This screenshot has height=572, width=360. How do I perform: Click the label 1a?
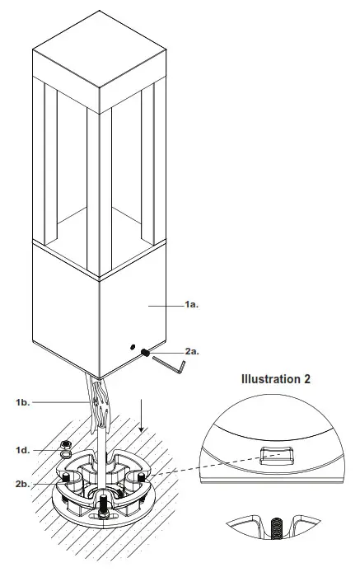click(x=192, y=305)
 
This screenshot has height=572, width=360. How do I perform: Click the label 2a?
click(x=191, y=351)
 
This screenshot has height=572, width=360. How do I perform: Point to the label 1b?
click(x=22, y=401)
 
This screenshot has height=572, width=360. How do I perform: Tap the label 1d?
click(x=22, y=449)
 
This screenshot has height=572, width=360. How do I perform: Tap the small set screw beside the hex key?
click(x=144, y=353)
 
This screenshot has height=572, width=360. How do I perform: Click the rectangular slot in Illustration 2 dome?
click(x=278, y=452)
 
